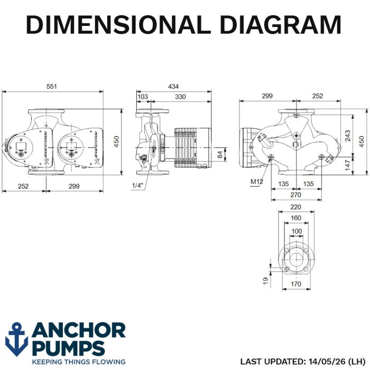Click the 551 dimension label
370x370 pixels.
(51, 87)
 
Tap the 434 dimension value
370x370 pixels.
(173, 87)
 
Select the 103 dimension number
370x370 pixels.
(143, 97)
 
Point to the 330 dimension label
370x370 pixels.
(180, 97)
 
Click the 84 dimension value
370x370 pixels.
(220, 154)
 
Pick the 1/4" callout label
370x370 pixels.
(137, 186)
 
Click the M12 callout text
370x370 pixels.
(256, 181)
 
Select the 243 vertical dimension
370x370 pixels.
(348, 136)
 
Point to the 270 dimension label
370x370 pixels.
(295, 195)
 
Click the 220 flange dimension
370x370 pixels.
(295, 207)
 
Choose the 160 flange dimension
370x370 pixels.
(296, 218)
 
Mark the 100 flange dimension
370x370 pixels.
(297, 231)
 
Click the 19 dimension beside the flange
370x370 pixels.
(266, 281)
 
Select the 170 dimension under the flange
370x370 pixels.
(296, 284)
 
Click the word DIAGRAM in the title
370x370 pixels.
(281, 24)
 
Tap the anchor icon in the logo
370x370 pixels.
(16, 339)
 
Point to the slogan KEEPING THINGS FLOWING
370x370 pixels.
(79, 362)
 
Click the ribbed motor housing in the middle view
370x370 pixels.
(192, 147)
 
